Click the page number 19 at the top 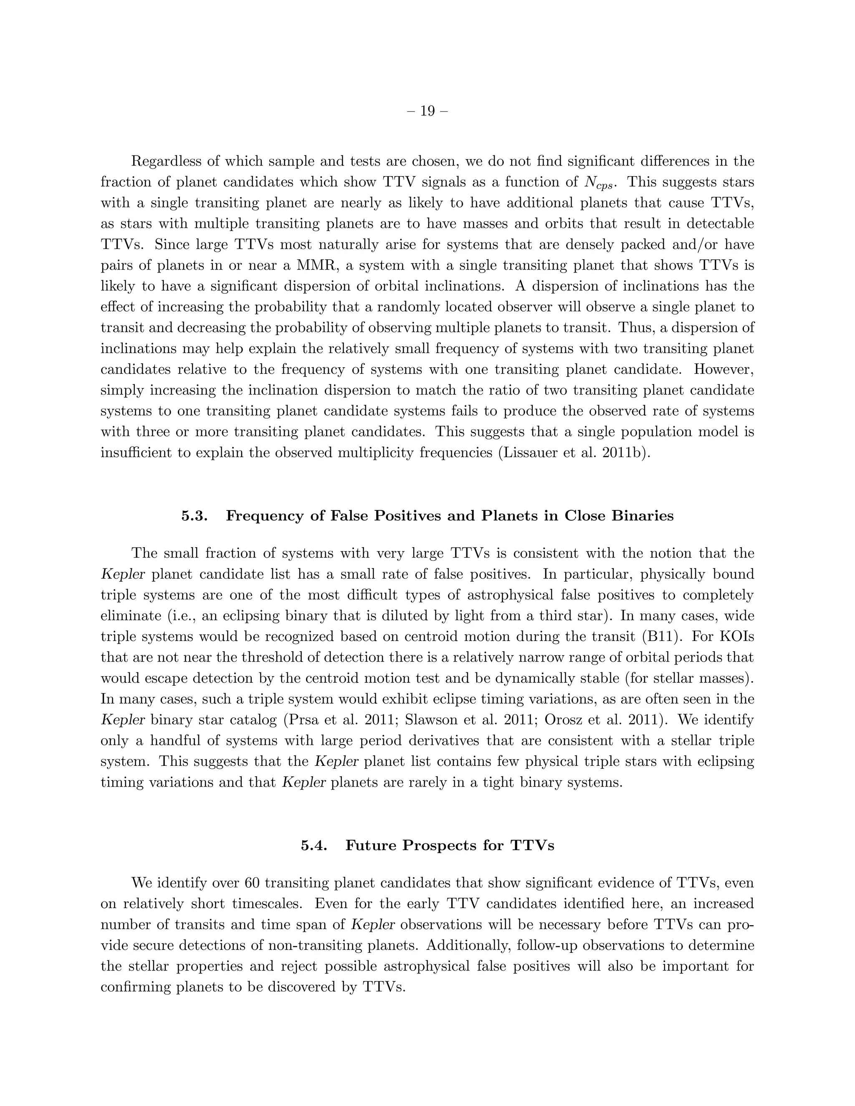coord(427,111)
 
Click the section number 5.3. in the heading coord(195,516)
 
